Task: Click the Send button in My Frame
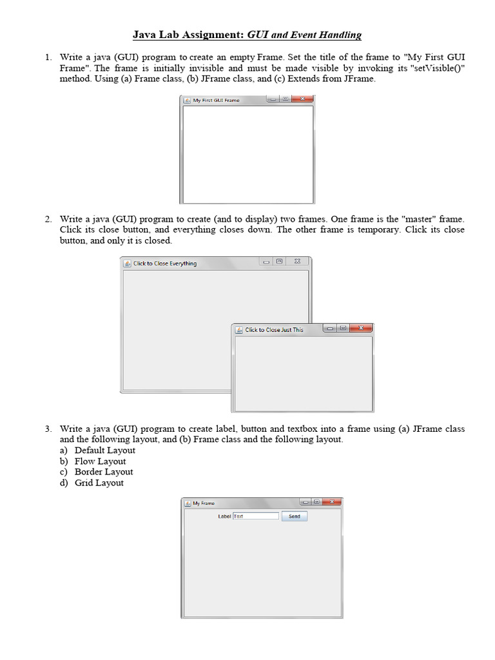(x=295, y=516)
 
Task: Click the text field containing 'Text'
(x=256, y=516)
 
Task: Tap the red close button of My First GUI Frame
(x=302, y=99)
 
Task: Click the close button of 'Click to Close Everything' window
(x=297, y=262)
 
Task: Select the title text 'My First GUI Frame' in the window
(x=216, y=100)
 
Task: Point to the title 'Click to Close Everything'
(x=165, y=264)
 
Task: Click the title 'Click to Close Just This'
(x=274, y=330)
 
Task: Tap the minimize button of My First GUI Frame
(x=273, y=99)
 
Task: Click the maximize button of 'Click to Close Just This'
(x=344, y=328)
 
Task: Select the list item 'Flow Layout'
(x=100, y=461)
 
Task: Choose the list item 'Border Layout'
(x=104, y=472)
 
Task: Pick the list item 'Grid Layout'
(x=99, y=483)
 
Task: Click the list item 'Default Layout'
(x=105, y=451)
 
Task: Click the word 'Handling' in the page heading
(x=340, y=35)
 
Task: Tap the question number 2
(x=49, y=219)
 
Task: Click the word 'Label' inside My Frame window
(x=224, y=516)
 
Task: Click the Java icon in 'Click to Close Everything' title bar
(x=127, y=264)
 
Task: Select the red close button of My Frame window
(x=332, y=501)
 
